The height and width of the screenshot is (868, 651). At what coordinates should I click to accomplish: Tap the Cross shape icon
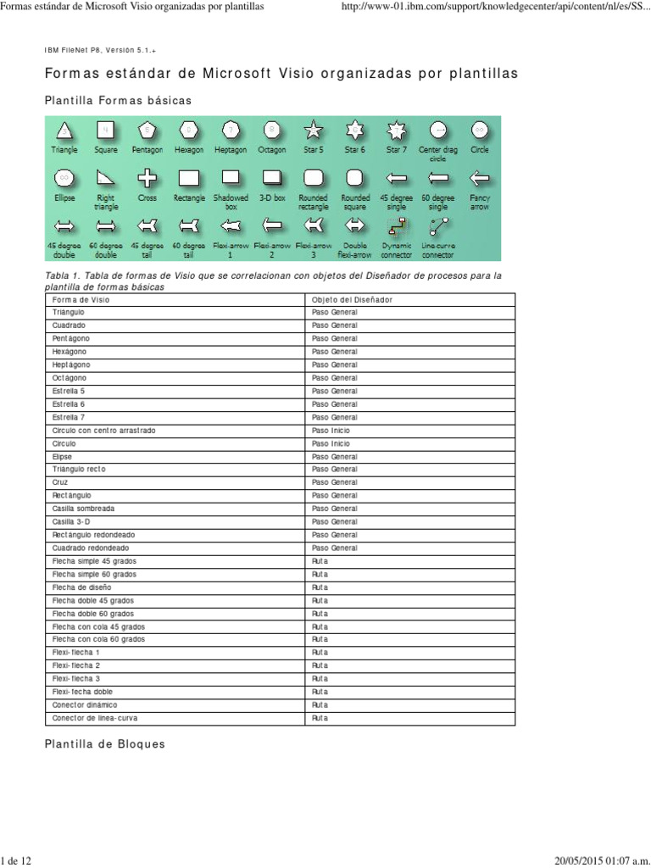[x=147, y=178]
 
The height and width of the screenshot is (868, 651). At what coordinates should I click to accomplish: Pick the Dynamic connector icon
[x=396, y=226]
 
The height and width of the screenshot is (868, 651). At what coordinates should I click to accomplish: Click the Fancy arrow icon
[x=480, y=178]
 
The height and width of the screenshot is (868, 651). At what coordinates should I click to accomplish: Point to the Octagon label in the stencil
[x=272, y=150]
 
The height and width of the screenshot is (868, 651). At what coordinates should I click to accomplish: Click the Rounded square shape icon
[x=355, y=178]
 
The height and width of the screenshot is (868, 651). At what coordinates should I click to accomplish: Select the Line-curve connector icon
[x=438, y=226]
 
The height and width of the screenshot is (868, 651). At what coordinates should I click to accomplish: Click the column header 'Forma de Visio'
[x=81, y=299]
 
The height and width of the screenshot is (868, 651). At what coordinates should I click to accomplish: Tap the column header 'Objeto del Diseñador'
[x=352, y=299]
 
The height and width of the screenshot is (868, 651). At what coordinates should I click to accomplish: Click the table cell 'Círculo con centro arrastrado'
[x=104, y=431]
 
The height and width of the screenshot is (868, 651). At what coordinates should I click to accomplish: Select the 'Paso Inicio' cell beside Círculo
[x=331, y=443]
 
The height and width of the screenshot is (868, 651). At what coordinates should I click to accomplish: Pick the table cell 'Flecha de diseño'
[x=81, y=587]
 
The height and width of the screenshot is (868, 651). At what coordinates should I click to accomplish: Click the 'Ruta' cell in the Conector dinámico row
[x=320, y=705]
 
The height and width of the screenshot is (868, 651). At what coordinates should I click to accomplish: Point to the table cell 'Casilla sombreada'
[x=83, y=509]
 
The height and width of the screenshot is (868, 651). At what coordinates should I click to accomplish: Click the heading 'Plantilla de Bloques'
[x=104, y=744]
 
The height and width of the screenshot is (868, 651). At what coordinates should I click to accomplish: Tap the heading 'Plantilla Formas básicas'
[x=118, y=101]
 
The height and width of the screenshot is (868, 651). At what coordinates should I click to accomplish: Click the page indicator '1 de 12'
[x=17, y=860]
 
